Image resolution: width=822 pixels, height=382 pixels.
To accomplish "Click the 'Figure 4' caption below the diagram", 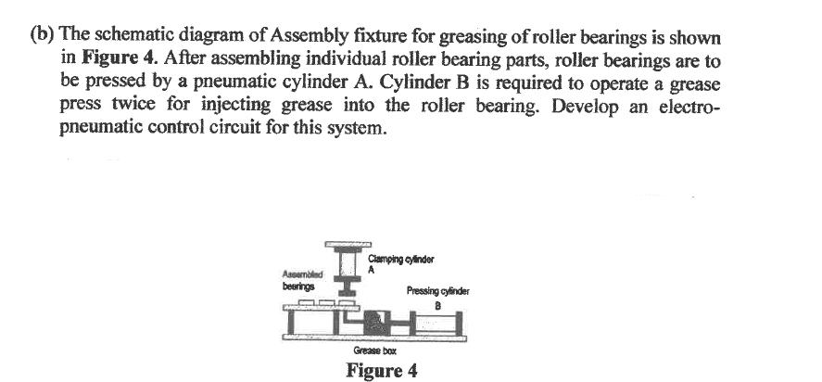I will [x=381, y=372].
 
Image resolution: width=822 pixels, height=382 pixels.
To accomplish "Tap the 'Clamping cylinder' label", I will [x=400, y=258].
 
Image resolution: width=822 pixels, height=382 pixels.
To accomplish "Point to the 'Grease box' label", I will [x=371, y=351].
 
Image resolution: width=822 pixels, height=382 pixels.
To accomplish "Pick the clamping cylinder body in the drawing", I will [x=348, y=261].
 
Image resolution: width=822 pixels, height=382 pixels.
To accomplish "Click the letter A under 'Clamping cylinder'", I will [x=371, y=270].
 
